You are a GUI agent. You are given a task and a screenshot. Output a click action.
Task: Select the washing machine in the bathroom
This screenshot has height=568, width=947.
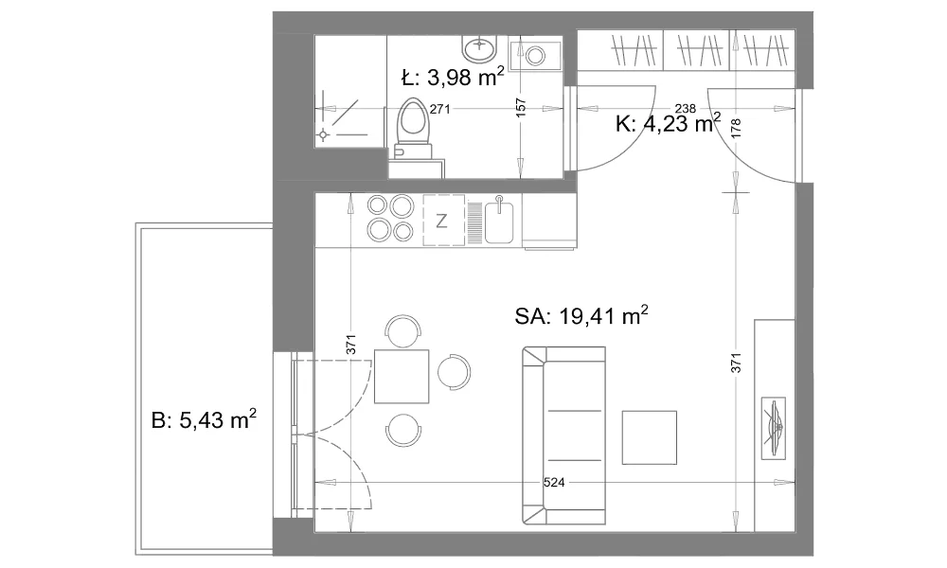coord(535,55)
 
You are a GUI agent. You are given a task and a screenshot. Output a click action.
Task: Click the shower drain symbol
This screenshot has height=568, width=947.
coord(324,134)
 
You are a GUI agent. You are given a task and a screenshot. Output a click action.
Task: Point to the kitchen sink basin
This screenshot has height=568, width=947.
coord(499,222)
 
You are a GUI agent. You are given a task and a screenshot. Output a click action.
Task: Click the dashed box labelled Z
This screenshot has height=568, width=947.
coord(444,221)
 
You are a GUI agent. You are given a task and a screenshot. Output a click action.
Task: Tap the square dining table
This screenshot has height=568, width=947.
coord(402,377)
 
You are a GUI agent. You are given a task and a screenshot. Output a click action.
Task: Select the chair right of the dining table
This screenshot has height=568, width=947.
coord(454,371)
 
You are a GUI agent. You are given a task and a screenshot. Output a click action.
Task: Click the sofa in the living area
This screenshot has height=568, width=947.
coord(564,435)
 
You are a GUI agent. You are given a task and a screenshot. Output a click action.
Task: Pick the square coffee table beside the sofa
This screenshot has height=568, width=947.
coord(650,437)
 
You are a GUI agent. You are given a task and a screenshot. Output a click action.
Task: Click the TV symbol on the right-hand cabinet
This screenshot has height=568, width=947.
coord(774,428)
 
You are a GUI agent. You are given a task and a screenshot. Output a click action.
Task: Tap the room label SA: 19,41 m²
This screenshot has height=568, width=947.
coord(581,315)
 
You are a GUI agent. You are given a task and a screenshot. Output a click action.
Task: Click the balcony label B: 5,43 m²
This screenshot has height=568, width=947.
coord(204,419)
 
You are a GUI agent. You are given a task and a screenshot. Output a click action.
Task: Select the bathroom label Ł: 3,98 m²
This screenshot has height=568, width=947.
coord(453,77)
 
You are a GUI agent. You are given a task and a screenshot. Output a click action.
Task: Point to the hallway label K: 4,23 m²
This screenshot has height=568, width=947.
coord(668,123)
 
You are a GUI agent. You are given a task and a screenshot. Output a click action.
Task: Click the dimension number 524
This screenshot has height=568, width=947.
coord(554,482)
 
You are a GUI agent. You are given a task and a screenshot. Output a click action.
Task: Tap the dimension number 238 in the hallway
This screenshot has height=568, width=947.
coord(686,109)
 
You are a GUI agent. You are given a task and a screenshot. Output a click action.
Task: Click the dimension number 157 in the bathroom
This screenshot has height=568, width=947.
coord(522,107)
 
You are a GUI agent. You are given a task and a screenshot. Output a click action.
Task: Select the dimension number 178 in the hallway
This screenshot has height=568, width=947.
coord(736,128)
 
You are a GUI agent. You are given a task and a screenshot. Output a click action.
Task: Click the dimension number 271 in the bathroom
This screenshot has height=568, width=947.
coord(439,109)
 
